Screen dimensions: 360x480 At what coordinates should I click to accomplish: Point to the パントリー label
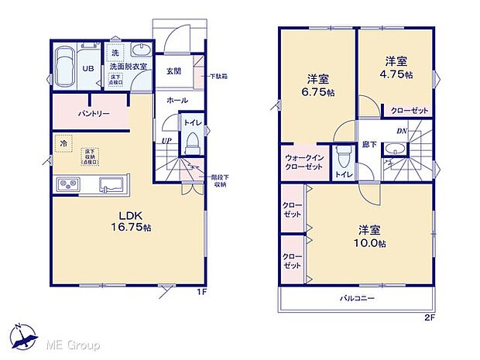(x=93, y=114)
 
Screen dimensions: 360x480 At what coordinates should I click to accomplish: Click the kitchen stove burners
(x=67, y=183)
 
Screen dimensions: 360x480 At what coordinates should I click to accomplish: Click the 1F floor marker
(x=200, y=293)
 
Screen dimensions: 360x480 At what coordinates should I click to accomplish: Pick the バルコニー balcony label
(x=356, y=297)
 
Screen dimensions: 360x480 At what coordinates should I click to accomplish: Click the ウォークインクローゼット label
(x=303, y=160)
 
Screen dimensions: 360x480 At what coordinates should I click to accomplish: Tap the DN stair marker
(x=402, y=132)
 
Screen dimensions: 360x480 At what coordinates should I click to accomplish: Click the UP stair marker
(x=166, y=140)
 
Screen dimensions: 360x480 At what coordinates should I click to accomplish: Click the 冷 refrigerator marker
(x=62, y=143)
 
